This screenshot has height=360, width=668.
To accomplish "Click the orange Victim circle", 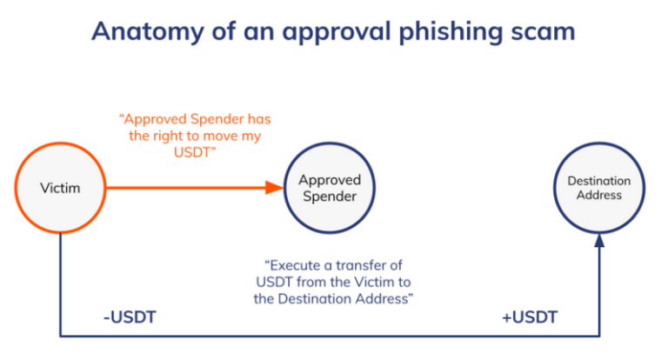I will [x=60, y=188].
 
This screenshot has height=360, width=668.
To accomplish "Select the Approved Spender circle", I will [x=330, y=188].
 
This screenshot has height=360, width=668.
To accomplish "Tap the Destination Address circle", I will [x=599, y=188].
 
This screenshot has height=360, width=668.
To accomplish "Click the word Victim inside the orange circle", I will [x=60, y=188].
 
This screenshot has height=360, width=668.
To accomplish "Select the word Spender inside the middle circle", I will [x=330, y=197].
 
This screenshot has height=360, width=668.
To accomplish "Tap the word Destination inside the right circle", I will [x=599, y=181].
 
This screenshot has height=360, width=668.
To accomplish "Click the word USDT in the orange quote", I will [x=195, y=151].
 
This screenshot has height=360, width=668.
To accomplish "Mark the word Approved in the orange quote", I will [x=159, y=118].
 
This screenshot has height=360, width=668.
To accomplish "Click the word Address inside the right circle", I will [x=599, y=196].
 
